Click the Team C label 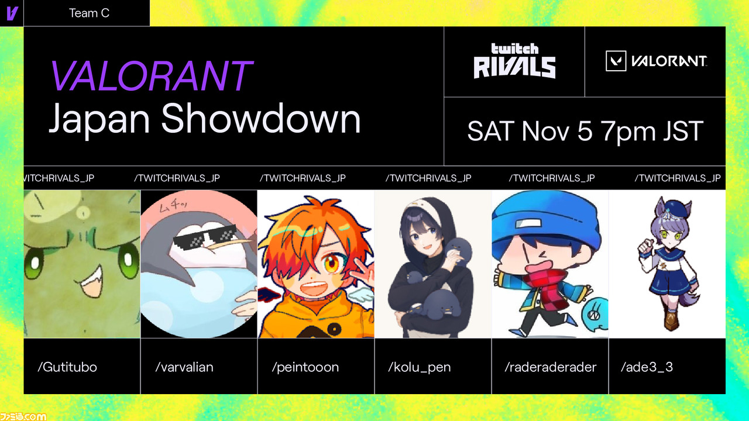click(89, 13)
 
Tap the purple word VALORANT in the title click(151, 76)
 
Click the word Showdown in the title click(261, 118)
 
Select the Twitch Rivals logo click(514, 61)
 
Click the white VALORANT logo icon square click(616, 61)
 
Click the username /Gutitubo click(67, 367)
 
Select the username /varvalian click(184, 367)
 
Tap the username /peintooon click(305, 367)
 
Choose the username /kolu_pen click(420, 367)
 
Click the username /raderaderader click(551, 367)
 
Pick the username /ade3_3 click(647, 367)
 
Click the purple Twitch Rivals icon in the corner click(12, 13)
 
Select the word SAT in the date click(491, 132)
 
